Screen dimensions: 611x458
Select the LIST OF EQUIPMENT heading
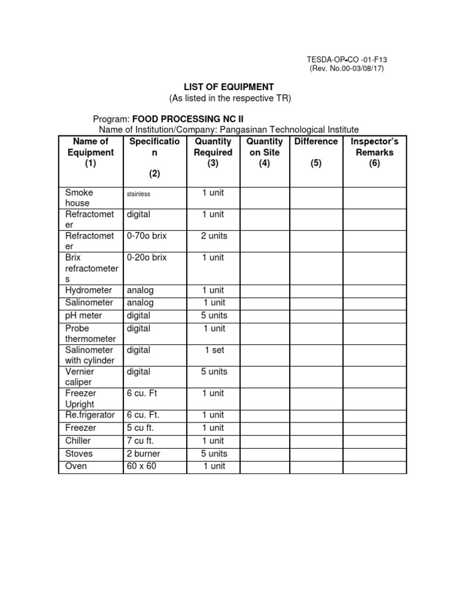228,87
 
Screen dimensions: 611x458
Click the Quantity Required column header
213,152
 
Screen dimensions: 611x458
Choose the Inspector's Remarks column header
374,152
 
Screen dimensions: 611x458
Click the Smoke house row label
79,198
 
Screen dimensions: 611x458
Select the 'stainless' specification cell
138,194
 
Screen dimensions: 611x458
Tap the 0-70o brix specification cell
147,236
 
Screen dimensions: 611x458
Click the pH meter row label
83,315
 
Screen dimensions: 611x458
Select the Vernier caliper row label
80,377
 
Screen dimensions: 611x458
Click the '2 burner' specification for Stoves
143,453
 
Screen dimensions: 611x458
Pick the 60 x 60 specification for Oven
141,465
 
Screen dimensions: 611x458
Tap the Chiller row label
79,440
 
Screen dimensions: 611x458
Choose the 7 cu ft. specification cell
140,440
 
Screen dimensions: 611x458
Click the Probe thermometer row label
90,334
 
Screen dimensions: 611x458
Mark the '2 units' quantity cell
213,236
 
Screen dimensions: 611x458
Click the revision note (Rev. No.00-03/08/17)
346,69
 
